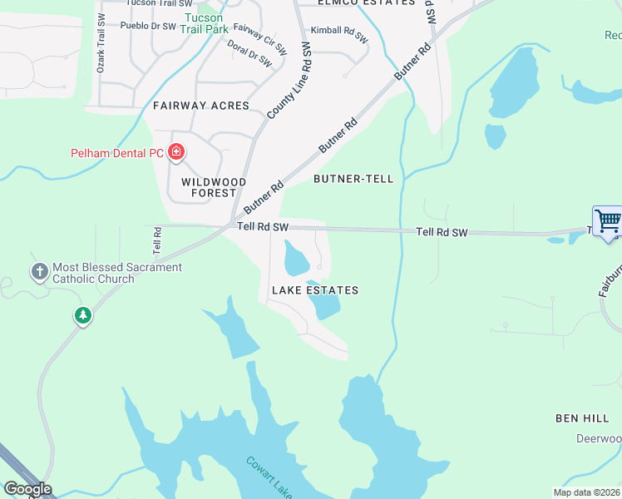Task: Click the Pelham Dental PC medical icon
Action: click(x=176, y=152)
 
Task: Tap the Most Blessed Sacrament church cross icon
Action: click(x=39, y=271)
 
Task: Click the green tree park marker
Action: click(x=82, y=315)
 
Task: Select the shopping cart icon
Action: click(x=608, y=220)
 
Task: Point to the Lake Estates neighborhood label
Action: click(x=315, y=290)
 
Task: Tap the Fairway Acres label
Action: click(x=201, y=106)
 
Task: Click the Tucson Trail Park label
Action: click(x=205, y=23)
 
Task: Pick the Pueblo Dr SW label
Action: click(x=148, y=26)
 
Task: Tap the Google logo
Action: click(x=27, y=489)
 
